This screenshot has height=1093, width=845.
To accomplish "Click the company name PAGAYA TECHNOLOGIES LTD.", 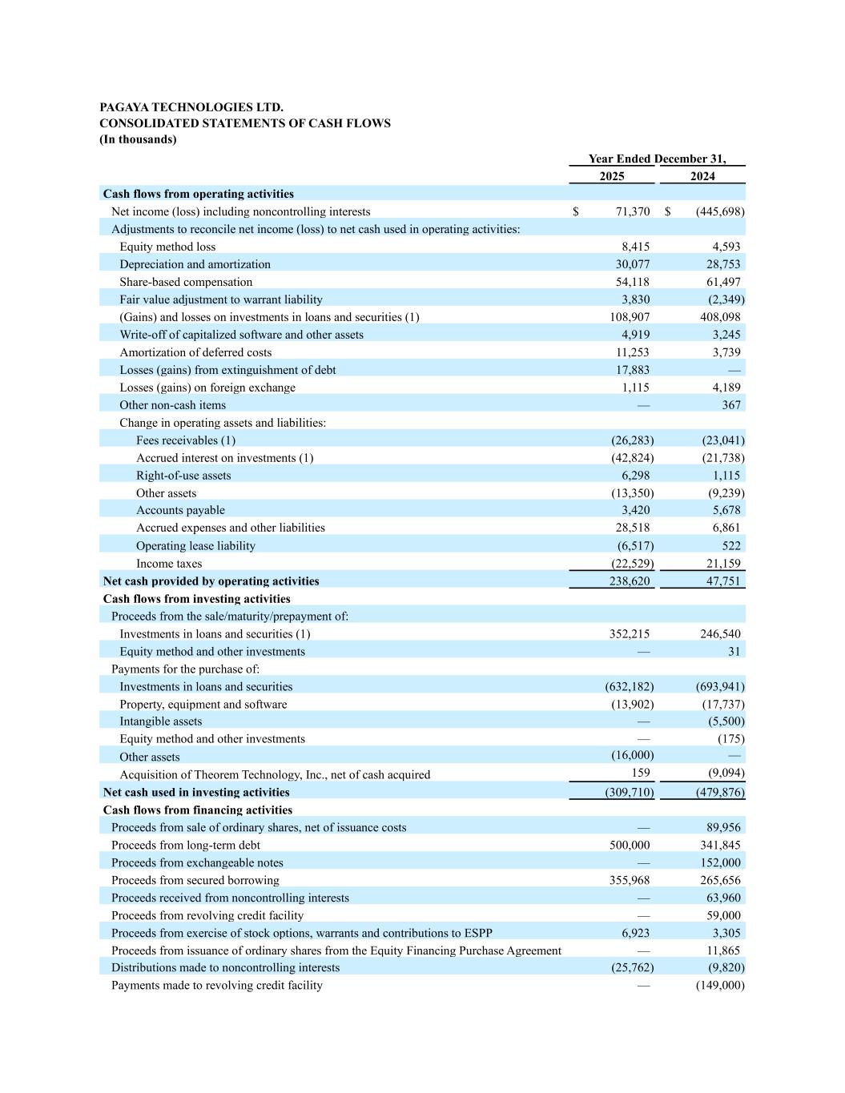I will click(191, 107).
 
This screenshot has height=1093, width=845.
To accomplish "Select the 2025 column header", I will click(611, 176).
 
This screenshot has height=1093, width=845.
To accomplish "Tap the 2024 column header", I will click(702, 176).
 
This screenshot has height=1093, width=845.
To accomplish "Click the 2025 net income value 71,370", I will click(633, 211).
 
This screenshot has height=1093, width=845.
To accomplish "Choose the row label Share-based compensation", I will click(186, 282).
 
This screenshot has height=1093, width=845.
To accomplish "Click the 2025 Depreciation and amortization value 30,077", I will click(633, 264).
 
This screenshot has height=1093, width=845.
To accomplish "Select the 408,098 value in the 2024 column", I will click(720, 317).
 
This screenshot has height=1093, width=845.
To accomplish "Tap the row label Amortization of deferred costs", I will click(195, 352).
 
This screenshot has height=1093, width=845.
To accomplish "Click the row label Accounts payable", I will click(180, 510).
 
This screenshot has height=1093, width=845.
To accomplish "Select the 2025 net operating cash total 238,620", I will click(630, 581).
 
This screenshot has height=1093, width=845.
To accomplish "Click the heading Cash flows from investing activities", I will click(196, 599).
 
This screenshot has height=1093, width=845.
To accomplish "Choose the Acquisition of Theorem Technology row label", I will click(275, 774).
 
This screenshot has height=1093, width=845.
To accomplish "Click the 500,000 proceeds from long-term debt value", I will click(630, 845).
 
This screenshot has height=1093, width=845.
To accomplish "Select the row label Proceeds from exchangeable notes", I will click(197, 862).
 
